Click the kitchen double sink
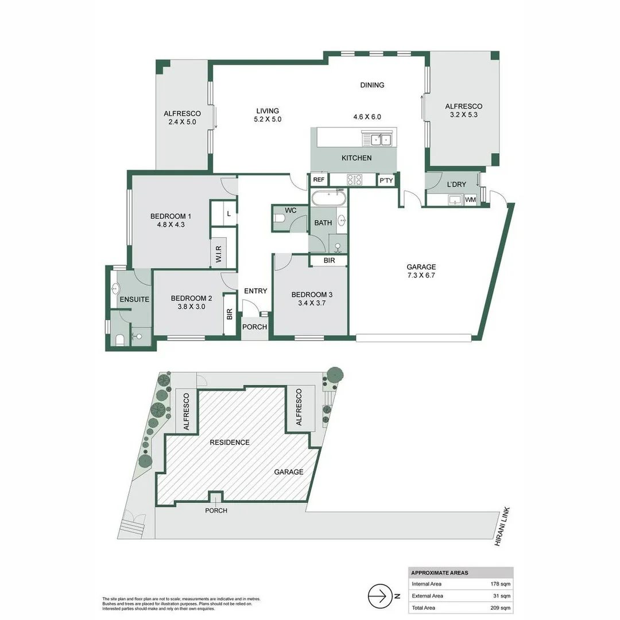click(378, 139)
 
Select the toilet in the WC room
click(280, 219)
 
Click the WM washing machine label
click(471, 200)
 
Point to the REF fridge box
click(319, 180)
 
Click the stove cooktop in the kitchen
click(354, 180)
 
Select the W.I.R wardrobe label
click(219, 253)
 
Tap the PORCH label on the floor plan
click(254, 327)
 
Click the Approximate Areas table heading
click(440, 573)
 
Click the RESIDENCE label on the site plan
click(230, 443)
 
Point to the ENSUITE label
click(134, 299)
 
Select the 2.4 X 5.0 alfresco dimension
click(181, 122)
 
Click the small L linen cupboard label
click(228, 214)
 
